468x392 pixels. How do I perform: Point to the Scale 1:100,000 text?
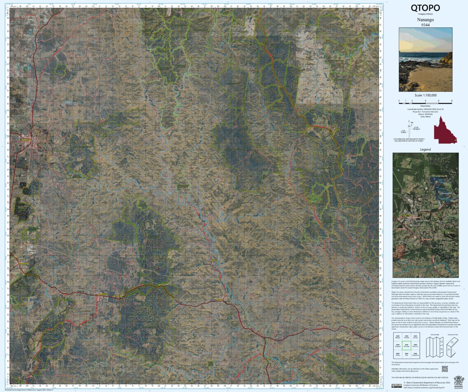pos(425,95)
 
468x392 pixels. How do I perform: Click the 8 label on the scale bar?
pos(452,101)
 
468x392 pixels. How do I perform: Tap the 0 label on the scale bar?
pos(399,101)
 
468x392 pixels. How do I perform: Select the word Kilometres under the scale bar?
pos(425,106)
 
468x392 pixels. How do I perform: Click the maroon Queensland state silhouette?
pos(445,130)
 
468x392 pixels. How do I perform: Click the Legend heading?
pos(425,150)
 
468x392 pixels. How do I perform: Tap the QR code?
pos(444,369)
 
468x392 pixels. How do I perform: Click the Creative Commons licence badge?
pos(397,385)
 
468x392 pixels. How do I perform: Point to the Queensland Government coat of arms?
pos(458,380)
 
